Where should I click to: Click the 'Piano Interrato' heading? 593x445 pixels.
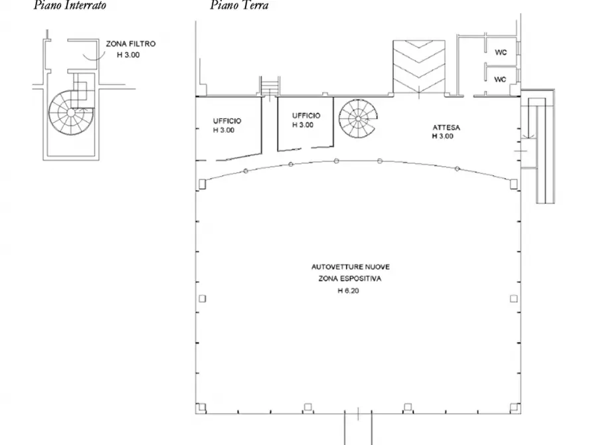(x=70, y=5)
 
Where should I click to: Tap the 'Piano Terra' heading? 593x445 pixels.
(x=240, y=5)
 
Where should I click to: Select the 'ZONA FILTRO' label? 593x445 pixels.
(x=130, y=44)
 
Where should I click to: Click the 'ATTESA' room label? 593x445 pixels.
(x=446, y=128)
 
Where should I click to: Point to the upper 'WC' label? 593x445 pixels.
(x=501, y=52)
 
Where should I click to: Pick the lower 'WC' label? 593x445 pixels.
(x=500, y=80)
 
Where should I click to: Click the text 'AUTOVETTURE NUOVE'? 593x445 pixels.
(x=351, y=267)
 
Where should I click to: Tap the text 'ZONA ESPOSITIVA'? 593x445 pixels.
(x=350, y=279)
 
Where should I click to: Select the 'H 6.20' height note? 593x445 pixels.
(x=349, y=291)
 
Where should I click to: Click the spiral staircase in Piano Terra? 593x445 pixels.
(x=358, y=119)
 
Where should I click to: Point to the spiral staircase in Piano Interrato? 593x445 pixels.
(x=71, y=112)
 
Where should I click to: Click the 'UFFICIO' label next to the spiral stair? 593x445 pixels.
(x=306, y=116)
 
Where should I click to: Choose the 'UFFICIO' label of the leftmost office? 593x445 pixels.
(x=227, y=121)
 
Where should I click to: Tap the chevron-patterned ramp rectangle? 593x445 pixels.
(x=419, y=66)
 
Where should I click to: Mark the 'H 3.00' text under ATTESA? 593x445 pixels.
(x=442, y=136)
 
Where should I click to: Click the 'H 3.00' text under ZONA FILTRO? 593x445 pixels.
(x=128, y=55)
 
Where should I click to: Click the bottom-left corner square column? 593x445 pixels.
(x=202, y=407)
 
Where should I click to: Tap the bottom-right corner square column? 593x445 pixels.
(x=513, y=407)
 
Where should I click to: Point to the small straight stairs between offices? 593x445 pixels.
(x=270, y=86)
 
